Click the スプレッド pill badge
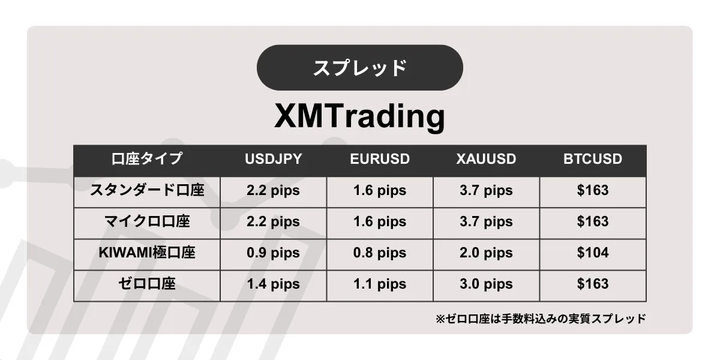pos(359,67)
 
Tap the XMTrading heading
pos(359,116)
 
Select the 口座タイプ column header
pos(147,159)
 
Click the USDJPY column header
pos(273,159)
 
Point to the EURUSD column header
pos(380,159)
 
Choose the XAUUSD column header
pos(487,159)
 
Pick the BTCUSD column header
pos(593,159)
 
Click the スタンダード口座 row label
pos(147,190)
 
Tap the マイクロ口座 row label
pos(147,221)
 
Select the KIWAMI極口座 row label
pos(147,253)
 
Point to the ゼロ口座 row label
pos(147,284)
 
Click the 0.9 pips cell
pos(273,253)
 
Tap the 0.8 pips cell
pos(380,253)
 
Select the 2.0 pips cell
pos(487,253)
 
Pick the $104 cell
pos(593,253)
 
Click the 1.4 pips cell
pos(273,284)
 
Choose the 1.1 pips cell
pos(380,284)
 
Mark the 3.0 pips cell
pos(487,284)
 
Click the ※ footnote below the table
pos(541,319)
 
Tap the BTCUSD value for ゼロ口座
pos(593,284)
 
